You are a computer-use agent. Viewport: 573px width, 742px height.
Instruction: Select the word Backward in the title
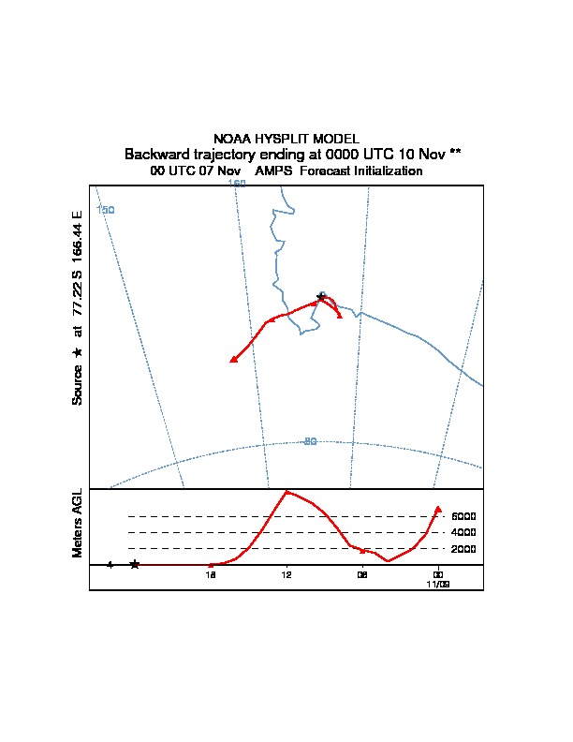tap(155, 154)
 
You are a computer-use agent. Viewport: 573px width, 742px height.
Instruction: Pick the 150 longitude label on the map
tap(106, 210)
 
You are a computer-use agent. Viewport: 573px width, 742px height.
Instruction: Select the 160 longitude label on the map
tap(237, 184)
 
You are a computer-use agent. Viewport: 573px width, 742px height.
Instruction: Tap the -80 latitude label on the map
tap(310, 441)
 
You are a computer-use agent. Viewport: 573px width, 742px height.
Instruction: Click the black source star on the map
tap(321, 296)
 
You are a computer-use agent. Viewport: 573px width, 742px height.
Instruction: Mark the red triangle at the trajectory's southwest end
tap(233, 359)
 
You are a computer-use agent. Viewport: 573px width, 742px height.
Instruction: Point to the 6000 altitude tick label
tap(463, 516)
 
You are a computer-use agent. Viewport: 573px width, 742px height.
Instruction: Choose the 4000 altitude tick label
tap(463, 532)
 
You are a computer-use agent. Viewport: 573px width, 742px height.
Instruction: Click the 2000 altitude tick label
tap(463, 548)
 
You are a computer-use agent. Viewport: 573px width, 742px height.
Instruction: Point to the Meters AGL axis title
tap(78, 523)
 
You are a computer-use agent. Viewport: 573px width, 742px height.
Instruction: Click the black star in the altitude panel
tap(135, 564)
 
